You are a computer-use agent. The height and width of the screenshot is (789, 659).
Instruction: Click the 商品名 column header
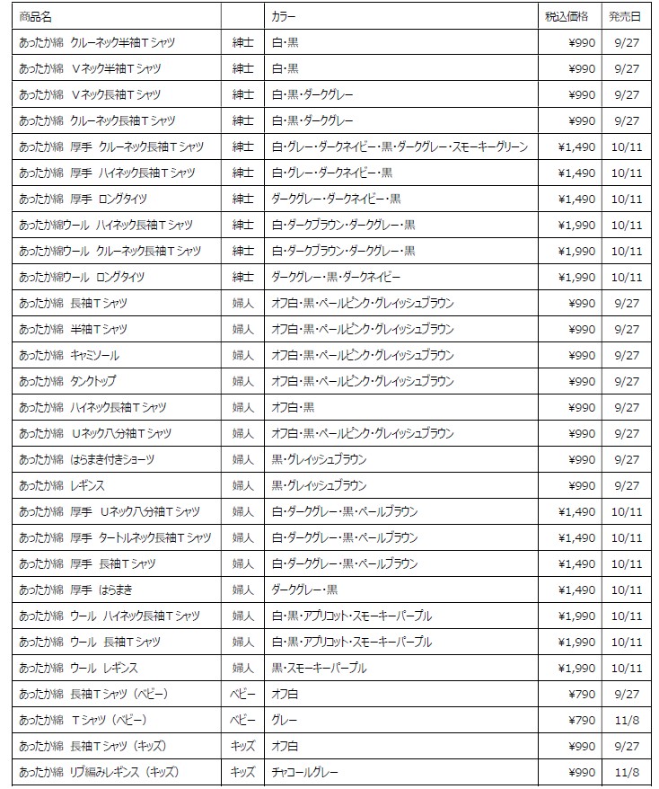tap(35, 16)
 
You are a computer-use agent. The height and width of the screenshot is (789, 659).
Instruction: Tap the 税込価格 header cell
tap(567, 16)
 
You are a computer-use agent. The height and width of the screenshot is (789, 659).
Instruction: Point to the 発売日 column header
tap(624, 16)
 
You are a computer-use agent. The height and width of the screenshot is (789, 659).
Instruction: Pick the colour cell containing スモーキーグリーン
tap(400, 146)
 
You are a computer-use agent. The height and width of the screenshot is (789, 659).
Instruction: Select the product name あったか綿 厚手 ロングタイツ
tap(83, 199)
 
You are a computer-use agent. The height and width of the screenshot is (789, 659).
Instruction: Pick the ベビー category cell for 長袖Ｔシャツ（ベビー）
tap(242, 694)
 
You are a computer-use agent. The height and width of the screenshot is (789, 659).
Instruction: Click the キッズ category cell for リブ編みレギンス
tap(242, 772)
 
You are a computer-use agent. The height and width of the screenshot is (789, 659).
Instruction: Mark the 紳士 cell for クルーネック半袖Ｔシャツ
tap(242, 42)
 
